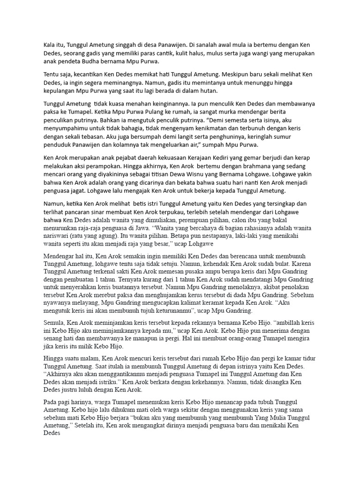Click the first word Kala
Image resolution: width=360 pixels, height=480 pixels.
pyautogui.click(x=49, y=45)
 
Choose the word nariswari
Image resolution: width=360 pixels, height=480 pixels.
pyautogui.click(x=58, y=236)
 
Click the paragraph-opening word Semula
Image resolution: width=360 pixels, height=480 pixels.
pyautogui.click(x=54, y=323)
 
